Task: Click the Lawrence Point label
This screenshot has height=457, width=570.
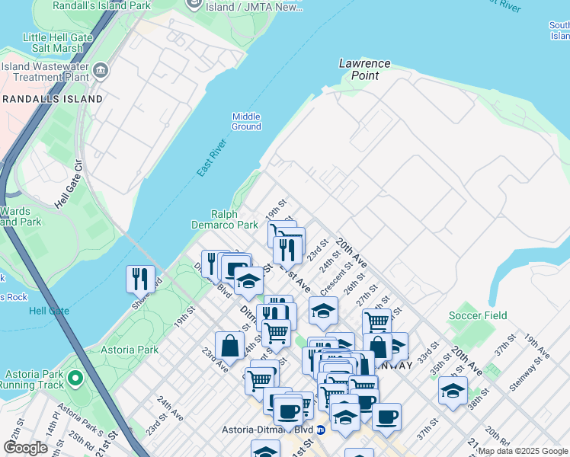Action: coord(364,69)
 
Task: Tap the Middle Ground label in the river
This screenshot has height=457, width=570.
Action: coord(246,121)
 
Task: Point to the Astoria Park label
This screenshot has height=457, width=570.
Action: coord(130,350)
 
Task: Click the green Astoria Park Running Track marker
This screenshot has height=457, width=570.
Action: coord(75,378)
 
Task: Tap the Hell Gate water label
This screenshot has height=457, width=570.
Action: coord(49,311)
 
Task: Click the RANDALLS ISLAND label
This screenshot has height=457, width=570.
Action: coord(52,99)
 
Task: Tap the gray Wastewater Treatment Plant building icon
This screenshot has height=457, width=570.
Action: coord(101,72)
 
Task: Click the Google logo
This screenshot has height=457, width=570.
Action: coord(26,448)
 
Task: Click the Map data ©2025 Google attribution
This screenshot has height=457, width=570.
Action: coord(522,451)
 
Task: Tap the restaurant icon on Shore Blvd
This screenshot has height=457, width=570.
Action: coord(140,278)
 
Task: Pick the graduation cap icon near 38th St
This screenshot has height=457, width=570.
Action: coord(453,391)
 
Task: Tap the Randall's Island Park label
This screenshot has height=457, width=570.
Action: coord(101,5)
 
